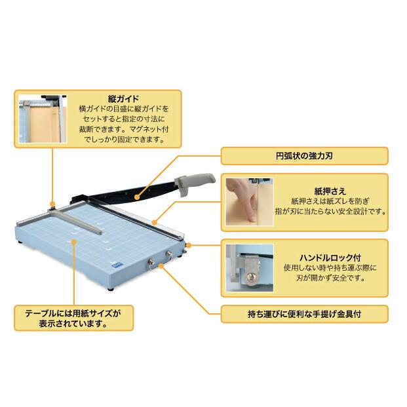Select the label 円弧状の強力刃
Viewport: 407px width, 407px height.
(x=303, y=156)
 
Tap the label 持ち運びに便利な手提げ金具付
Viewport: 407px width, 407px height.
(x=303, y=314)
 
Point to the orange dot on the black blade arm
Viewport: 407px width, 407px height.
(x=136, y=195)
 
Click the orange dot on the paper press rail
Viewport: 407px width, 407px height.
(x=155, y=223)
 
